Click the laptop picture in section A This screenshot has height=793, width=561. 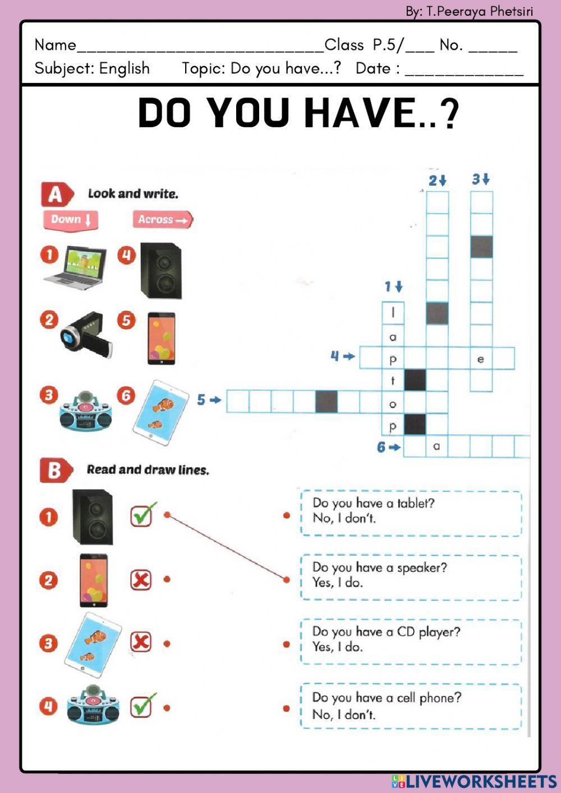75,268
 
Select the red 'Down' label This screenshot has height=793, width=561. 71,220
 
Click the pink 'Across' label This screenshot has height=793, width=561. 163,219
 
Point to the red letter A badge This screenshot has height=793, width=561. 57,194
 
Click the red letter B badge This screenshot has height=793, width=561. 56,470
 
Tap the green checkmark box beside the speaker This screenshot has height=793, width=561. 142,515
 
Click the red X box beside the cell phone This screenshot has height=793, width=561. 141,579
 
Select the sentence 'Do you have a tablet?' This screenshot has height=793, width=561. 373,503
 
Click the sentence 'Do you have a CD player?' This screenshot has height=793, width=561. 386,632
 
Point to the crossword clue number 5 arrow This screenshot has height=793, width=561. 215,400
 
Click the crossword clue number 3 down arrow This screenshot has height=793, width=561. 486,179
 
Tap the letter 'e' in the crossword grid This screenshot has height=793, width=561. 481,359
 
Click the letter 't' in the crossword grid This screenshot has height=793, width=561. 392,381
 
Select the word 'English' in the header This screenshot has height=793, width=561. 125,68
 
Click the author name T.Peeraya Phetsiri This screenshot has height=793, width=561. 480,12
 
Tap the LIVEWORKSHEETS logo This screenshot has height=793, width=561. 474,781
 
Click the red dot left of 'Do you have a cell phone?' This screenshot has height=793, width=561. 287,708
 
